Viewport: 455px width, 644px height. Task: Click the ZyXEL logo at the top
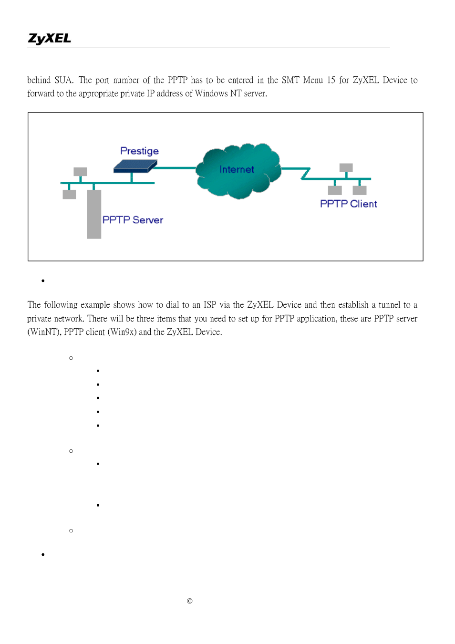(x=50, y=39)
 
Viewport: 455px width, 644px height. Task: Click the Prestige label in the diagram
(x=139, y=151)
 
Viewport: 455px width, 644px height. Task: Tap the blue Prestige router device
(x=135, y=166)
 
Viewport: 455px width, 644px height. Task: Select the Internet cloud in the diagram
(x=238, y=170)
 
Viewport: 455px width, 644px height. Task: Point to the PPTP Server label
(x=133, y=220)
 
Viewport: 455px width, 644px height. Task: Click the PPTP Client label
(x=348, y=204)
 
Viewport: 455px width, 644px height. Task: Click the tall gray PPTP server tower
(x=94, y=214)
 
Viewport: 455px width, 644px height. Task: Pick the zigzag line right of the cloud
(x=306, y=173)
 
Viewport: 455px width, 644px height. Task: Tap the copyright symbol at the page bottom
(x=190, y=601)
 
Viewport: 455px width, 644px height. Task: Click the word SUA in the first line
(x=63, y=80)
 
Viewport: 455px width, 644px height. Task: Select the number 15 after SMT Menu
(x=331, y=80)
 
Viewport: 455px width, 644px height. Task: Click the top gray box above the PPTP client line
(x=346, y=168)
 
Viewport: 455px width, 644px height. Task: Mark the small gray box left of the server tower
(x=69, y=194)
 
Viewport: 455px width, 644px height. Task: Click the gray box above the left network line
(x=80, y=172)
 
